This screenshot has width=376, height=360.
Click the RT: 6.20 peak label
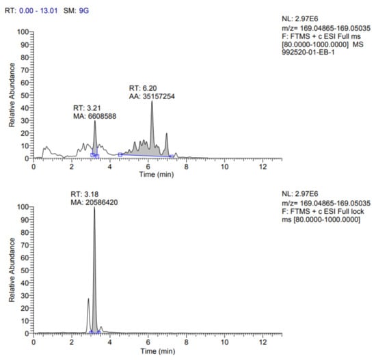click(x=142, y=89)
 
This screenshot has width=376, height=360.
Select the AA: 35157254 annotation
click(x=152, y=98)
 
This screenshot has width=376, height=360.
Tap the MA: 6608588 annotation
click(x=96, y=116)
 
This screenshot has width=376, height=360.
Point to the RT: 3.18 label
click(x=84, y=195)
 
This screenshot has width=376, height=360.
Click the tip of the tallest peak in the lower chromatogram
click(x=94, y=208)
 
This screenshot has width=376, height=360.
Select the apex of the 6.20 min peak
click(x=152, y=102)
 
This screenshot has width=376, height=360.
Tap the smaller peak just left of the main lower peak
click(x=88, y=299)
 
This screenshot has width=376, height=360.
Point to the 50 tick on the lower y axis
click(x=25, y=270)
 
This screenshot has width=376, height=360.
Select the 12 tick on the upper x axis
click(x=263, y=166)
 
